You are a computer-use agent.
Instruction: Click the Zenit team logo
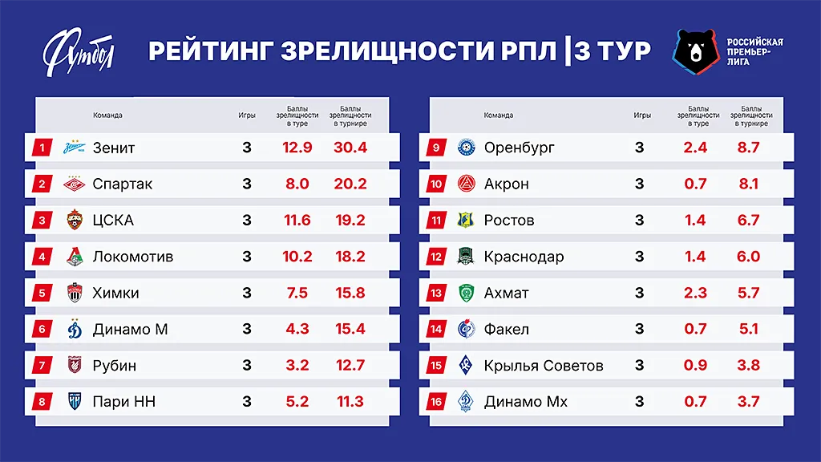(x=75, y=148)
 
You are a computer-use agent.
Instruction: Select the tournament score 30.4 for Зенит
(x=349, y=148)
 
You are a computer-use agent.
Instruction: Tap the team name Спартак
(x=123, y=184)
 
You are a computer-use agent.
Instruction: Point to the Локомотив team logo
(x=75, y=257)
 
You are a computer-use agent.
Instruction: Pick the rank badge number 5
(x=41, y=293)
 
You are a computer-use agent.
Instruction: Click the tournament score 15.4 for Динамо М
(x=349, y=329)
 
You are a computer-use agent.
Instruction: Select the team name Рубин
(x=115, y=366)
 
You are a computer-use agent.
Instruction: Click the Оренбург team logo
(x=466, y=148)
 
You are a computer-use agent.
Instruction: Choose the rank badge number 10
(x=436, y=184)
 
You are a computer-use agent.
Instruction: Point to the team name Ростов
(x=509, y=220)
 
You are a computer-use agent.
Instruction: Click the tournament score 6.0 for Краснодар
(x=748, y=257)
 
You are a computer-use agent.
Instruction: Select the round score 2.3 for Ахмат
(x=694, y=293)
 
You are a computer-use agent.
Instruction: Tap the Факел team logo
(x=466, y=329)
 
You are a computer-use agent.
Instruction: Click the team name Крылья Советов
(x=544, y=366)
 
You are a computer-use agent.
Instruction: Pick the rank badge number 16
(x=436, y=402)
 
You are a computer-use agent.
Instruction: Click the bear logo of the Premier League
(x=694, y=51)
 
